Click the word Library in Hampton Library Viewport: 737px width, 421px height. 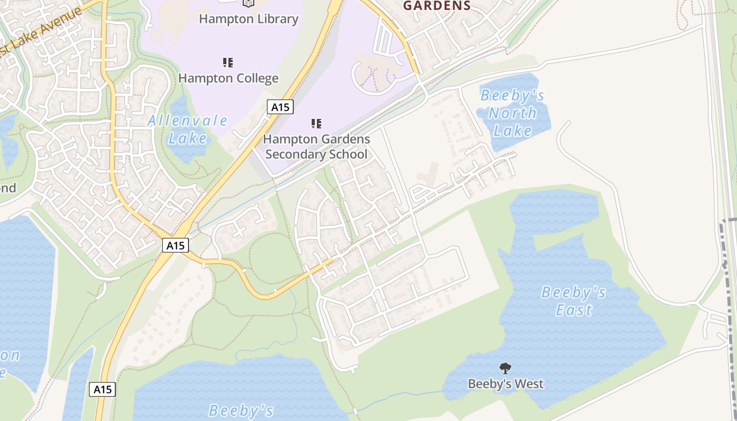tap(275, 19)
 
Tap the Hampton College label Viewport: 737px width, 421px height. tap(228, 78)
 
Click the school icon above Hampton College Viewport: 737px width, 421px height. tap(228, 63)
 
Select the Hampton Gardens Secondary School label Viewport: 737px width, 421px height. tap(316, 147)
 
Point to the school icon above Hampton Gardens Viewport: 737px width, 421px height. tap(316, 124)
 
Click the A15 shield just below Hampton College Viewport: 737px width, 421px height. tap(280, 107)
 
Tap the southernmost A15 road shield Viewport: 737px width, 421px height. tap(102, 389)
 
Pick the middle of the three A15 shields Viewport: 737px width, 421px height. tap(175, 245)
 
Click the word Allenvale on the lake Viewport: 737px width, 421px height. tap(187, 121)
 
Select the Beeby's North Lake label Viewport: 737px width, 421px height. tap(512, 113)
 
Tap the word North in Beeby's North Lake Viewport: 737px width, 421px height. tap(512, 113)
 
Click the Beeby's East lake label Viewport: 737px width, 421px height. tap(573, 301)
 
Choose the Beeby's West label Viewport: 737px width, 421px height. tap(505, 384)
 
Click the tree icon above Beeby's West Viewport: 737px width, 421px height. tap(505, 368)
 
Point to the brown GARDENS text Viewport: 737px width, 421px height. tap(437, 6)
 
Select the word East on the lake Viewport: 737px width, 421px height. tap(574, 310)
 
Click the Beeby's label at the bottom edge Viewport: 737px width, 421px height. tap(241, 410)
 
